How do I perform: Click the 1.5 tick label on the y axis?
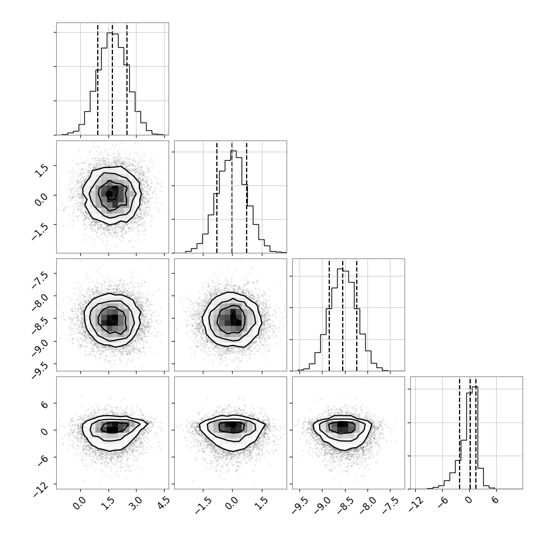pos(42,170)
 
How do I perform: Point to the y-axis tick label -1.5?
pos(40,231)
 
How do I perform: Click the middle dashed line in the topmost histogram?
pos(112,79)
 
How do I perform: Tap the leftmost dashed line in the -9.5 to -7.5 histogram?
pos(329,315)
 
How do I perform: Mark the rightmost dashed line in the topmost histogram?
pos(127,79)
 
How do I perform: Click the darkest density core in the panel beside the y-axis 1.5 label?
pos(110,194)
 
